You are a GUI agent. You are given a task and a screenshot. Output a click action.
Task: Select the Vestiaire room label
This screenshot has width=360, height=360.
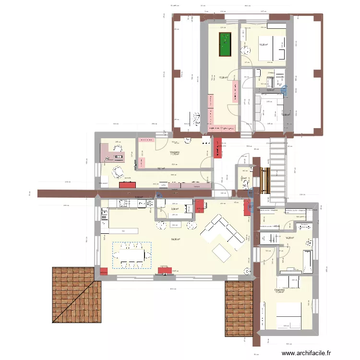tap(174, 152)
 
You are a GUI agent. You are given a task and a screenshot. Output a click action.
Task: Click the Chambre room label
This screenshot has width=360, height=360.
tap(279, 290)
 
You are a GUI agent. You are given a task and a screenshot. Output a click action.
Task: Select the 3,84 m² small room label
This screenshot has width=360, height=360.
tap(175, 209)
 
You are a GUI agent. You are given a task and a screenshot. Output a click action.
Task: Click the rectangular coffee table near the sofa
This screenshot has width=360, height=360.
tap(222, 251)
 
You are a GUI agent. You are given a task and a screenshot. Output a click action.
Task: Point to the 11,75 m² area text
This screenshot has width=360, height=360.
tap(174, 155)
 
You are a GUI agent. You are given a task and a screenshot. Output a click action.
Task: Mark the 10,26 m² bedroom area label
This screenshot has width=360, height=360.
tap(264, 45)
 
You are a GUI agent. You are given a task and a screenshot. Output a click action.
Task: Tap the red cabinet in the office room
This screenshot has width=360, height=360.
tap(126, 184)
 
